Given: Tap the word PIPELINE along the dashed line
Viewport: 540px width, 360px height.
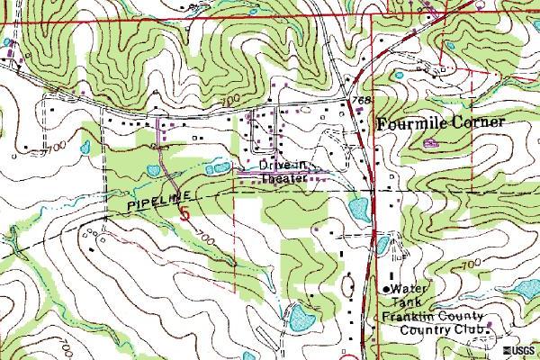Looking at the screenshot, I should pos(148,202).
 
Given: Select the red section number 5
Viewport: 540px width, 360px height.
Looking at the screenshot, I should pos(185,213).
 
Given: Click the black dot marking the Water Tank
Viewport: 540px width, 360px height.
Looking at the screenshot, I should pos(389,288).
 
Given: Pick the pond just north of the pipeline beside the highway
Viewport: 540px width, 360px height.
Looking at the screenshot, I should pos(358,210).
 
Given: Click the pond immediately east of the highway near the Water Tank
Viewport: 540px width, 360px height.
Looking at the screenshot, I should pos(382,244).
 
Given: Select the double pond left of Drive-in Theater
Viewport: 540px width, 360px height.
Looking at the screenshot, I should pos(217,167).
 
